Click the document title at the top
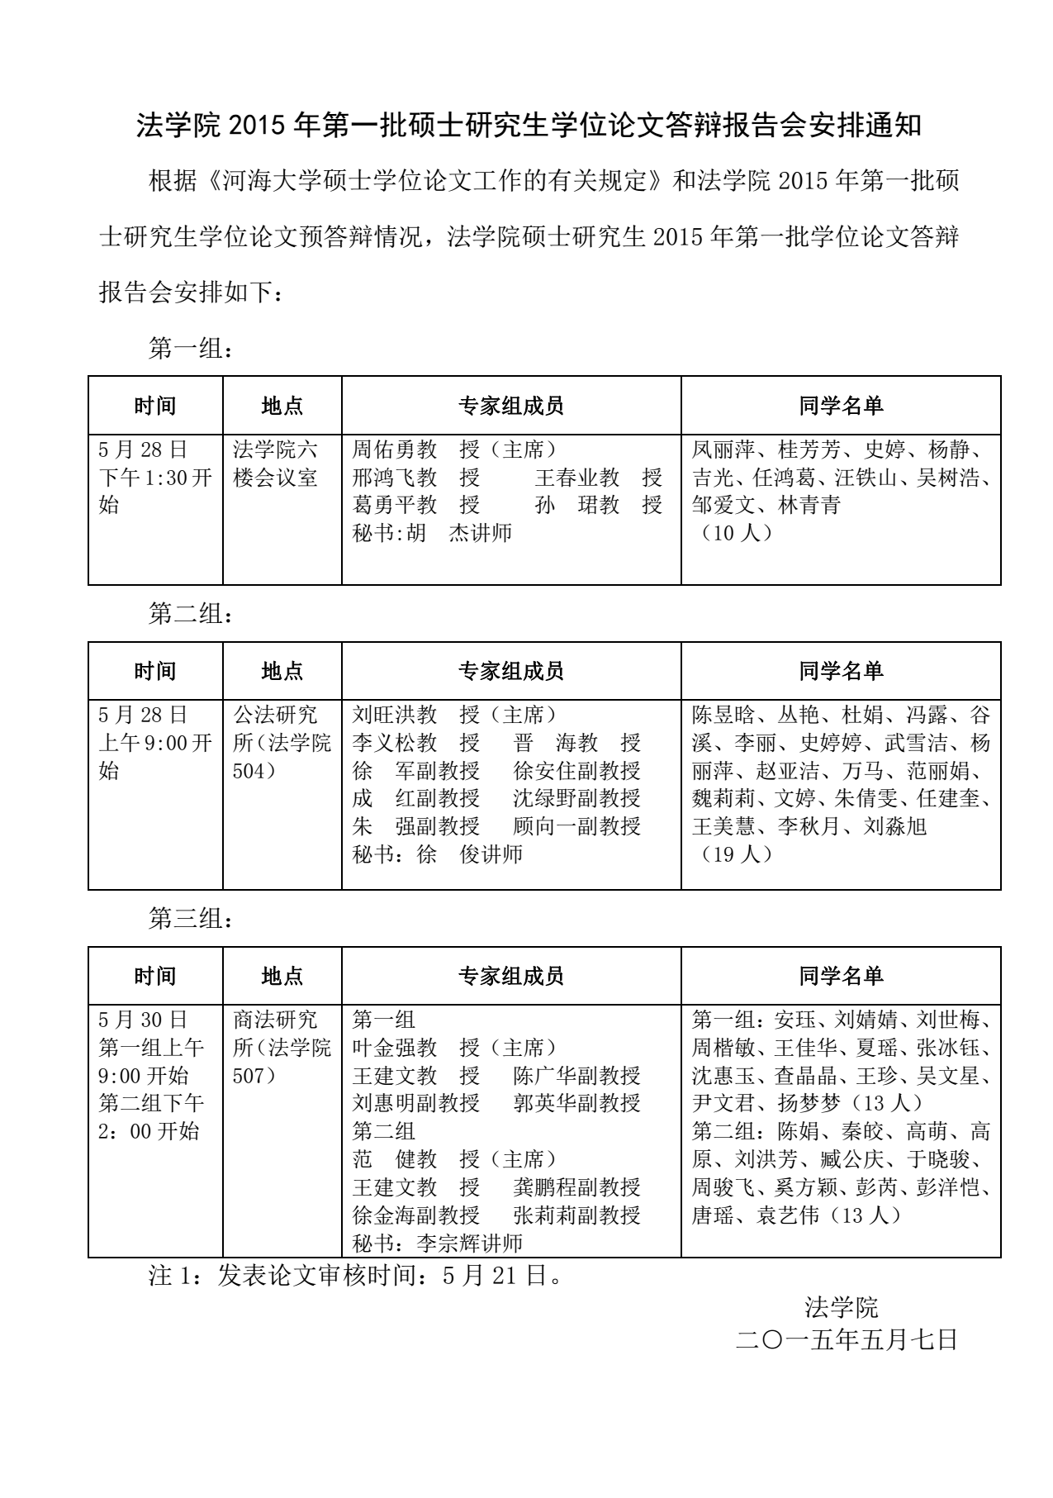(529, 126)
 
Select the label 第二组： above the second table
(191, 614)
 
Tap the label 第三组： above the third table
(191, 919)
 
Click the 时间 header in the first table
(155, 406)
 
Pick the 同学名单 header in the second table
(841, 671)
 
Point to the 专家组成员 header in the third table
(511, 977)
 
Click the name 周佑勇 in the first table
(384, 450)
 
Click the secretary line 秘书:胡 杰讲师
(432, 533)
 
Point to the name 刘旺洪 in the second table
(384, 715)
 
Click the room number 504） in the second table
(259, 771)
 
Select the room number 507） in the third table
(259, 1076)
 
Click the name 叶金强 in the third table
(384, 1048)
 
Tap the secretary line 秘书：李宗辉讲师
(438, 1244)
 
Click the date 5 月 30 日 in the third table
(143, 1020)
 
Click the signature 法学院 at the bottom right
(842, 1307)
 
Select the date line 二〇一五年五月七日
(847, 1339)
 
